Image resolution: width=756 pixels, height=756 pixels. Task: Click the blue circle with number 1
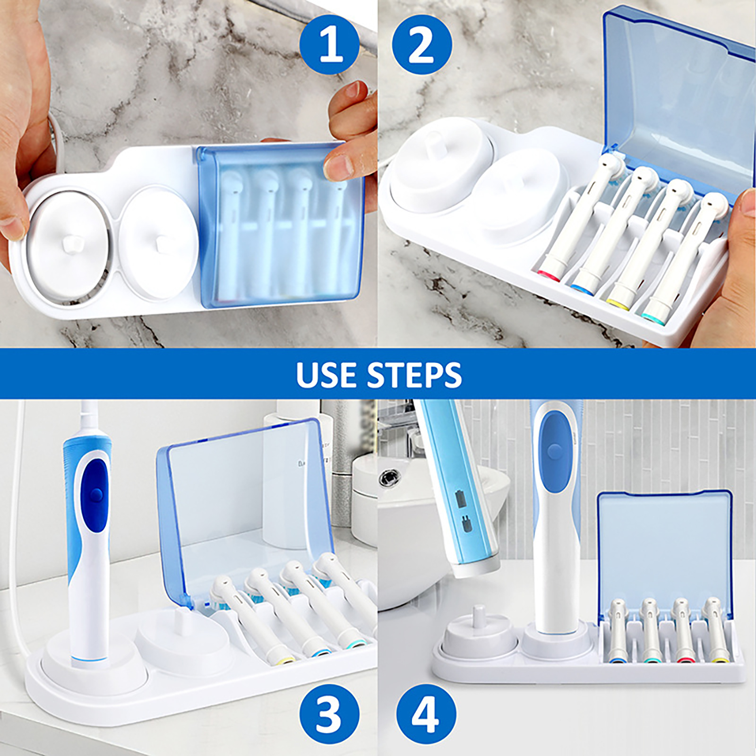point(330,45)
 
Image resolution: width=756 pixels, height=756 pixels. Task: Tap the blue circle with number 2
point(422,45)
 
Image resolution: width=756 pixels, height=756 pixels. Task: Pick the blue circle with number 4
point(426,714)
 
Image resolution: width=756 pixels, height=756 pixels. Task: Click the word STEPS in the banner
point(415,375)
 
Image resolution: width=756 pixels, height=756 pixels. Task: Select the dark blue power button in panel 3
point(96,494)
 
